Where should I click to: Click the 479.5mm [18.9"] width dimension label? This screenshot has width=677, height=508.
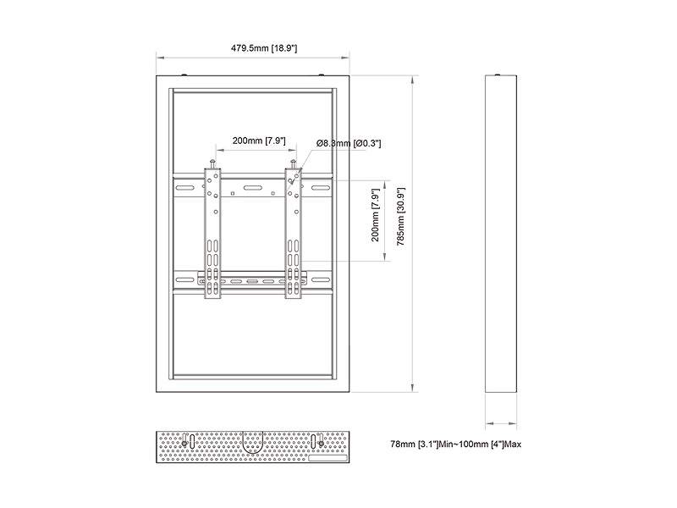[x=264, y=48]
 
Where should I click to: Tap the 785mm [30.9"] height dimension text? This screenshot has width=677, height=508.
[x=400, y=217]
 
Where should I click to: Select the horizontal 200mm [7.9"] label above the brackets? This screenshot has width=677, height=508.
[x=259, y=141]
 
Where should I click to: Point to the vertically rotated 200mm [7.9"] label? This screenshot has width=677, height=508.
[x=375, y=215]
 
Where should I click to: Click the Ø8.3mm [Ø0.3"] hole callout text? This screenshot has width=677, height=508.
[x=349, y=143]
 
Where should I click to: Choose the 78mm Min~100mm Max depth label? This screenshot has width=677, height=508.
[x=455, y=444]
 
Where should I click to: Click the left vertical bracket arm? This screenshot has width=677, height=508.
[x=212, y=234]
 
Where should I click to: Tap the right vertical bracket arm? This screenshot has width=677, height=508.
[x=293, y=234]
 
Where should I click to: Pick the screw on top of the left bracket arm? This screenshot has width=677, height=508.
[x=212, y=163]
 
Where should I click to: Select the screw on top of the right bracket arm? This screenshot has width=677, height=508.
[x=293, y=163]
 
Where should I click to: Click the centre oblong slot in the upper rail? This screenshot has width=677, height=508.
[x=252, y=188]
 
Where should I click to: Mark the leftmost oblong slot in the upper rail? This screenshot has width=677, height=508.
[x=184, y=188]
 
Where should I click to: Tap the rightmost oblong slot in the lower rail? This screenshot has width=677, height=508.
[x=321, y=280]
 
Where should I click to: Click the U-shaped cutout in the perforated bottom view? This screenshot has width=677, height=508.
[x=252, y=442]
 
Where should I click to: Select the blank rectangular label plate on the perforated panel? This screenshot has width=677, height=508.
[x=327, y=458]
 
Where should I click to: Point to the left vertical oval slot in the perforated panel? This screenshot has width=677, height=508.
[x=193, y=441]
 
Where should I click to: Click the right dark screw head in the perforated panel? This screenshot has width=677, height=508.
[x=321, y=443]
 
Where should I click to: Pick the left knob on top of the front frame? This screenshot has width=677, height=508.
[x=184, y=75]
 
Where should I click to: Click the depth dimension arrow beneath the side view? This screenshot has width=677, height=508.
[x=501, y=423]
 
